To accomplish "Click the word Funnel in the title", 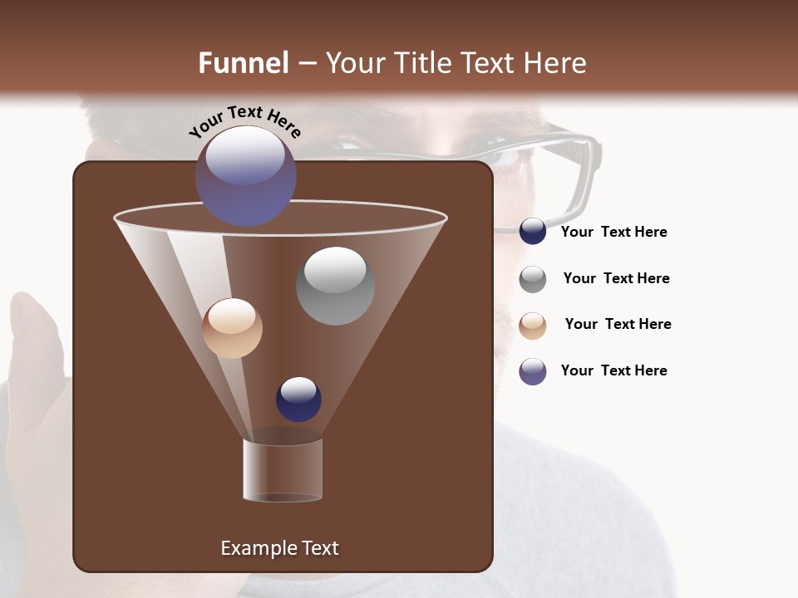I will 243,63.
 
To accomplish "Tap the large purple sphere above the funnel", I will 245,175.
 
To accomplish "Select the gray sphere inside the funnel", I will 335,285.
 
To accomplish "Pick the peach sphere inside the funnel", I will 232,328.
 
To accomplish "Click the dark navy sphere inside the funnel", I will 298,399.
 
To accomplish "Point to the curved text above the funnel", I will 244,121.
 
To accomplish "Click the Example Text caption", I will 279,548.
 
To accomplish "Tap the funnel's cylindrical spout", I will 283,469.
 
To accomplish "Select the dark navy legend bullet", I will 533,231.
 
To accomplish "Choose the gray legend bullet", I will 533,278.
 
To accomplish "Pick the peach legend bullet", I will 533,325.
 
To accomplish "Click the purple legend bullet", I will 533,371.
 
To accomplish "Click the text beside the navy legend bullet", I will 613,232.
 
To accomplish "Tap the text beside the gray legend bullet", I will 616,278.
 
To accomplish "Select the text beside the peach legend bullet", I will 618,324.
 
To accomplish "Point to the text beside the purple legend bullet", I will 613,370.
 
